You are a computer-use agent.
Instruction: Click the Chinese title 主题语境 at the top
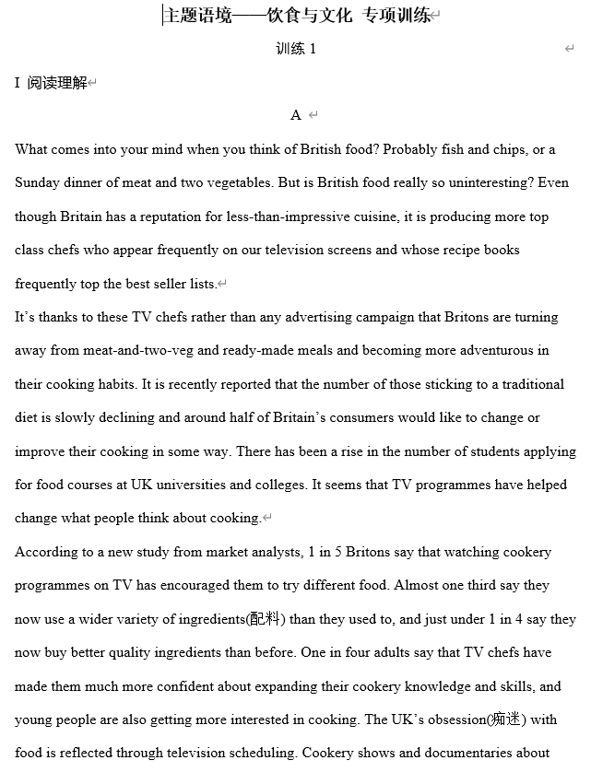197,15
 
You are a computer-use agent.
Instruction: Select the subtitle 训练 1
295,49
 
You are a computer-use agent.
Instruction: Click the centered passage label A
296,115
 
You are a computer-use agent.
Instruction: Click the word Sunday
37,182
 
